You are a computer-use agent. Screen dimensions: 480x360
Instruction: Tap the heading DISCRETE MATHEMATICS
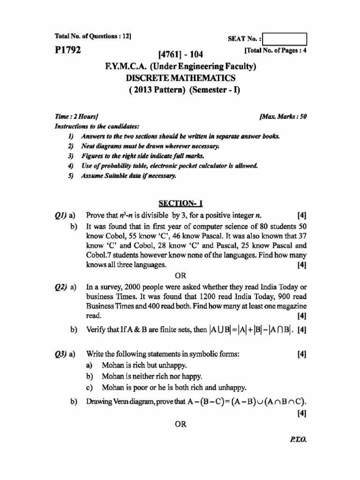pyautogui.click(x=180, y=78)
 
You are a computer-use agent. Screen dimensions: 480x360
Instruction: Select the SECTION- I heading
pyautogui.click(x=180, y=203)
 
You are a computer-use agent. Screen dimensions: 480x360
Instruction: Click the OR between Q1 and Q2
pyautogui.click(x=180, y=276)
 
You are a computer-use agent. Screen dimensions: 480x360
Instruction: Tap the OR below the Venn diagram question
pyautogui.click(x=180, y=424)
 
